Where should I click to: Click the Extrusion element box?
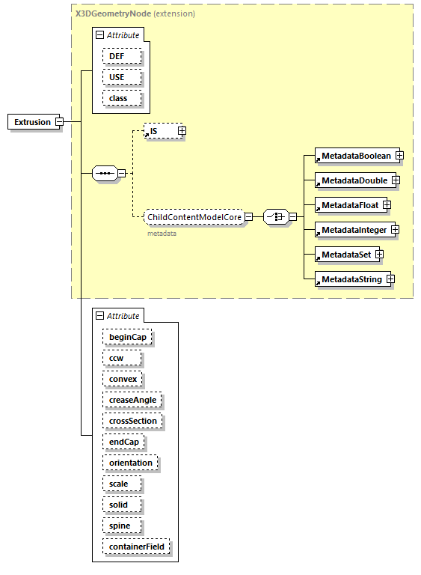pyautogui.click(x=32, y=122)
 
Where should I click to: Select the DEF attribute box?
pyautogui.click(x=117, y=56)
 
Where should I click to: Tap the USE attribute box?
pyautogui.click(x=117, y=77)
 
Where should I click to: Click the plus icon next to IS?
pyautogui.click(x=181, y=131)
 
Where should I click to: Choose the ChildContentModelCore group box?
pyautogui.click(x=194, y=217)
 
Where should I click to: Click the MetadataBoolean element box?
pyautogui.click(x=355, y=156)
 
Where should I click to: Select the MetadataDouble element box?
pyautogui.click(x=354, y=180)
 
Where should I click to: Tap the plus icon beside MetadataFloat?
pyautogui.click(x=386, y=205)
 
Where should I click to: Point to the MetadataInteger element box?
pyautogui.click(x=354, y=229)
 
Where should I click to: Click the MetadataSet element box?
pyautogui.click(x=345, y=255)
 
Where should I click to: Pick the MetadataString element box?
pyautogui.click(x=351, y=279)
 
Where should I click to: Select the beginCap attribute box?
pyautogui.click(x=127, y=337)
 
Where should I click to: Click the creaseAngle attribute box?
pyautogui.click(x=132, y=400)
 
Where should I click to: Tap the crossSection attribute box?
pyautogui.click(x=132, y=421)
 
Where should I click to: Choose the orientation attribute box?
pyautogui.click(x=130, y=463)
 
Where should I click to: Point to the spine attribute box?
pyautogui.click(x=120, y=526)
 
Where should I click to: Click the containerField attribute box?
pyautogui.click(x=137, y=547)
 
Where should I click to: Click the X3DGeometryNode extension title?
pyautogui.click(x=135, y=13)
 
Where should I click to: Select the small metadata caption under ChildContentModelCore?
pyautogui.click(x=162, y=234)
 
